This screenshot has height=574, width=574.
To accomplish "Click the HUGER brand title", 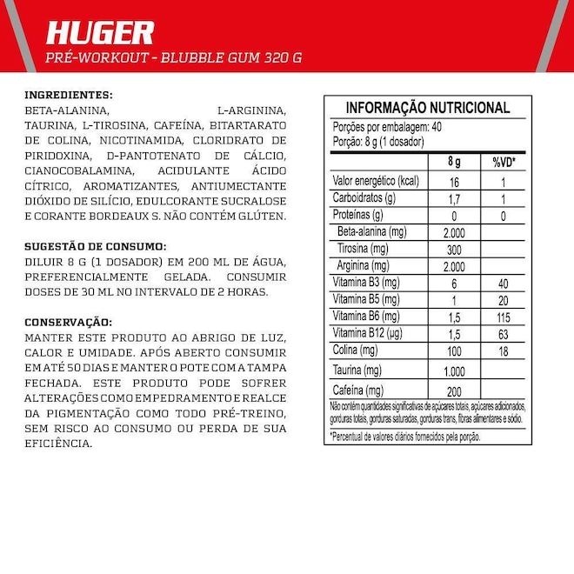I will [100, 33].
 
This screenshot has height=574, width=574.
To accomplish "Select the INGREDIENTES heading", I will [70, 95].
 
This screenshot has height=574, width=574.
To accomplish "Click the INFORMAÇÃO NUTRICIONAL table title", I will [428, 108].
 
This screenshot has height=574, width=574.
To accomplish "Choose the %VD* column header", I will [504, 163].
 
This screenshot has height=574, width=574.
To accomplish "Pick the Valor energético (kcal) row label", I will [377, 181].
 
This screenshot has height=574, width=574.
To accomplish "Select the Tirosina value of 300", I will [453, 249].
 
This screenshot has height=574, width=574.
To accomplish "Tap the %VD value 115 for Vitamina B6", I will [504, 316].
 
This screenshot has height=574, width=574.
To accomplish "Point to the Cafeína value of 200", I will [453, 390].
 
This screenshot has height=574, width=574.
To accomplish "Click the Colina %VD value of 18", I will [504, 350].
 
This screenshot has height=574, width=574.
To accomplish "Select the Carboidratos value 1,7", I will [453, 198].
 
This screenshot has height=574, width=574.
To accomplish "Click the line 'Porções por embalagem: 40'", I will [388, 127].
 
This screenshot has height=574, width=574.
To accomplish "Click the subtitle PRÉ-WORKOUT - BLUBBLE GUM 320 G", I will [174, 57].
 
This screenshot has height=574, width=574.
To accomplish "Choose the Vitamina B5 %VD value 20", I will [504, 299].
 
